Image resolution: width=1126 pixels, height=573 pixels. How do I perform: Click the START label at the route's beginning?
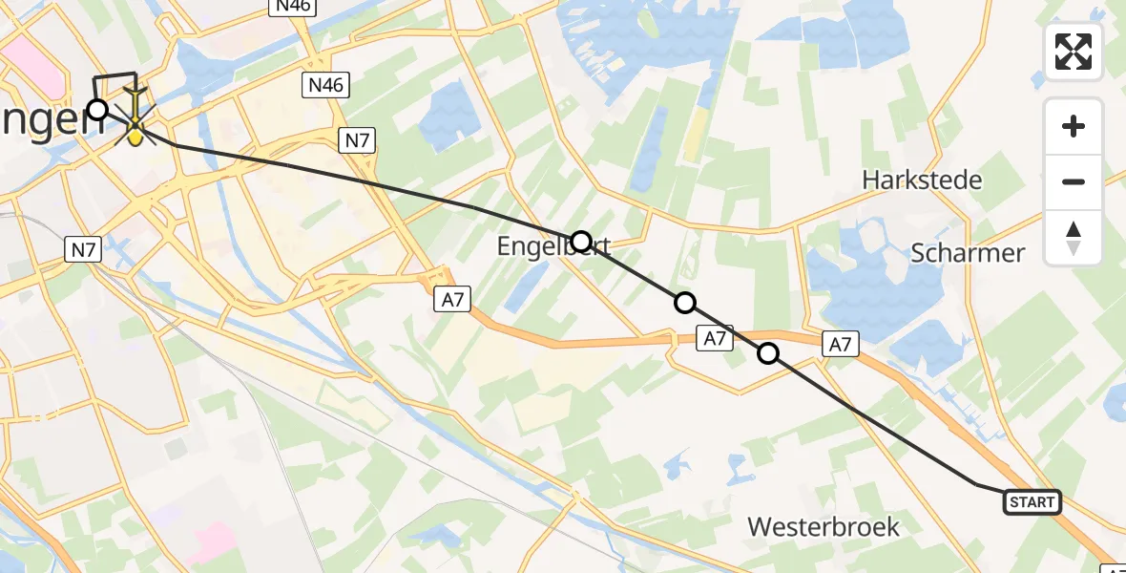coord(1032,501)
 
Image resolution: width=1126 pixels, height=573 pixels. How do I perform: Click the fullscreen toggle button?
coord(1074,52)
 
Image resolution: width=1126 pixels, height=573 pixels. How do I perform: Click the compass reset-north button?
coord(1074,238)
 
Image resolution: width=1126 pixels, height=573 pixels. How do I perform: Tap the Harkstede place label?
coord(922,179)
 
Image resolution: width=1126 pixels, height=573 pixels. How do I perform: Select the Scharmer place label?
coord(968,253)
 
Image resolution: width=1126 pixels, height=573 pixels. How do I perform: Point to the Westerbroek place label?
coord(824,526)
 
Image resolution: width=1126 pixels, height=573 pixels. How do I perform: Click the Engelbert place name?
coord(553,247)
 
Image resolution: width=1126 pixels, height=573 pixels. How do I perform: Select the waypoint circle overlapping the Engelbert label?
coord(580,242)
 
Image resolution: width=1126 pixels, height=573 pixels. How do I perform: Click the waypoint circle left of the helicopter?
coord(97,109)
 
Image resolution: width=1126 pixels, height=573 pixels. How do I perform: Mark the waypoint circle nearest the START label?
coord(768,354)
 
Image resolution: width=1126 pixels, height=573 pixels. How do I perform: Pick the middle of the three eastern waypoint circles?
coord(685,304)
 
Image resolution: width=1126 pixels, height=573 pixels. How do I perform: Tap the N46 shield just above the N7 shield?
coord(325,86)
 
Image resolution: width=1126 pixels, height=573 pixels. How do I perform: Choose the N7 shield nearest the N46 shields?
coord(357,141)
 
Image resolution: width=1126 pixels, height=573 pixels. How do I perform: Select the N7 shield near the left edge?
coord(83,250)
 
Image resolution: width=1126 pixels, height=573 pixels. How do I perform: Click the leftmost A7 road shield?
coord(452,300)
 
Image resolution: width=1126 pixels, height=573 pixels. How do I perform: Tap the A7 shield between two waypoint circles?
coord(715,337)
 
